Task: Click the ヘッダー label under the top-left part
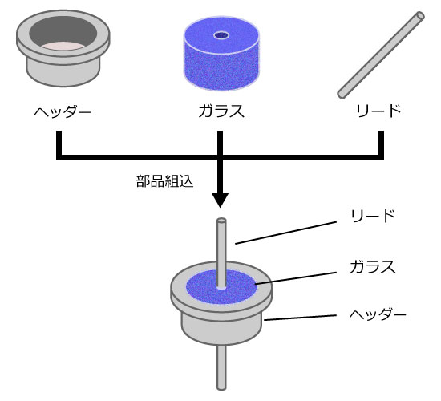[63, 111]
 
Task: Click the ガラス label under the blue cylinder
[221, 111]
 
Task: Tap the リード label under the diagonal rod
[378, 111]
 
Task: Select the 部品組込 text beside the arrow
[164, 181]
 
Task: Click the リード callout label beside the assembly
[373, 216]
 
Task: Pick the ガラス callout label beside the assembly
[373, 266]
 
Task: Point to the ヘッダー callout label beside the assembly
[378, 314]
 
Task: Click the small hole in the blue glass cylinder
[221, 35]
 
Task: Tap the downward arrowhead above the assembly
[220, 200]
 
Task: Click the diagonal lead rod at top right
[381, 55]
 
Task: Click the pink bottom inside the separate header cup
[63, 47]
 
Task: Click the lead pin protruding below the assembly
[221, 367]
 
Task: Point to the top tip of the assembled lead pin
[221, 220]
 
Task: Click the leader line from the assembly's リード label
[285, 233]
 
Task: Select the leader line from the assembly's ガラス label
[296, 278]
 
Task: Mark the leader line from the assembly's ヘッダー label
[300, 318]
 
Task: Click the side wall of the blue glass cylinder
[221, 71]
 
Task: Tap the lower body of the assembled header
[221, 330]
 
